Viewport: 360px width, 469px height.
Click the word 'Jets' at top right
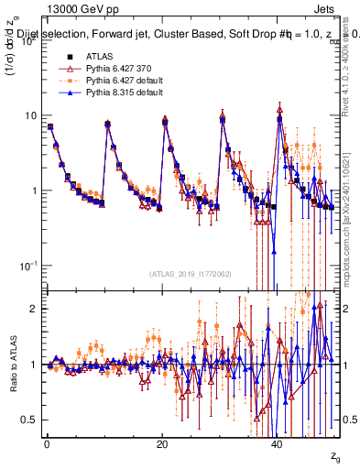[327, 8]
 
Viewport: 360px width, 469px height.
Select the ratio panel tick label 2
[34, 309]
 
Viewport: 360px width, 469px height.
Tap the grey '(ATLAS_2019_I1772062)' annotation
[190, 273]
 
